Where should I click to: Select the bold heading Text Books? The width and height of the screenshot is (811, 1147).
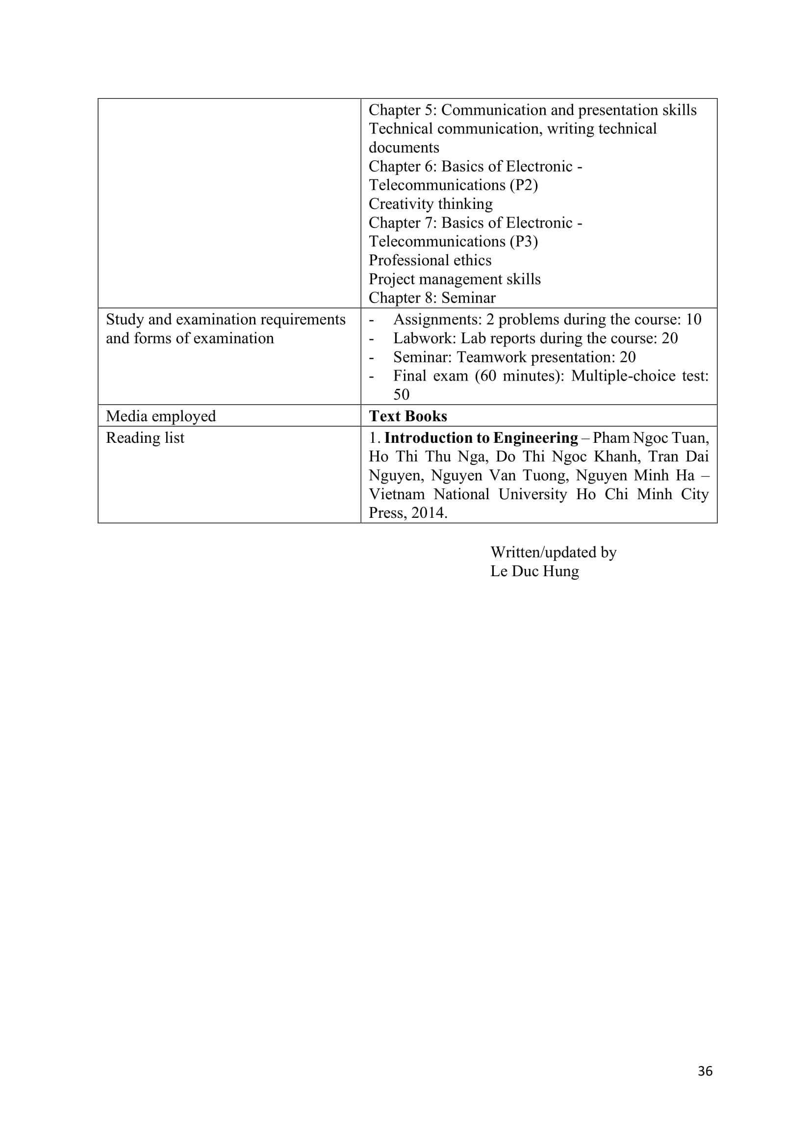[x=407, y=416]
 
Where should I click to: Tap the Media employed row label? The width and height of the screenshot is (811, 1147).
[x=161, y=416]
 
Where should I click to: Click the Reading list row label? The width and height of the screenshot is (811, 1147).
[x=145, y=437]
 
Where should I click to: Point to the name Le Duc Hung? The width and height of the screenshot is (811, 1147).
[x=534, y=571]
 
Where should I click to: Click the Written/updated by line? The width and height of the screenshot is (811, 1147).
[x=553, y=552]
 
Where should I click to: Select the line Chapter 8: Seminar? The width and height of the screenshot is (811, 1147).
[x=432, y=298]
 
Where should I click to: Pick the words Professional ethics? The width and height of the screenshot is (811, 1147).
[x=430, y=260]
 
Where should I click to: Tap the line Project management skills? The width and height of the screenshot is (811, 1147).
[x=455, y=279]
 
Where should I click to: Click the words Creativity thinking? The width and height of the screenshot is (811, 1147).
[x=431, y=204]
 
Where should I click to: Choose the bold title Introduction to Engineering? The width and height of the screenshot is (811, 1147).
[x=481, y=437]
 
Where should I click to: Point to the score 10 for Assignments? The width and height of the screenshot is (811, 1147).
[x=693, y=319]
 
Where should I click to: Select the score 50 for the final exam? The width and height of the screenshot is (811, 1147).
[x=401, y=395]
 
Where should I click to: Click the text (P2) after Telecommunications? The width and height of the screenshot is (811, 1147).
[x=523, y=185]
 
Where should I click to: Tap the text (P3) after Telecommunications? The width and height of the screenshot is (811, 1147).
[x=523, y=242]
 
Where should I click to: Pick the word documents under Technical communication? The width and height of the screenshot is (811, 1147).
[x=404, y=148]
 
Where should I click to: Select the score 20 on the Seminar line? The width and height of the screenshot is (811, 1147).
[x=627, y=357]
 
